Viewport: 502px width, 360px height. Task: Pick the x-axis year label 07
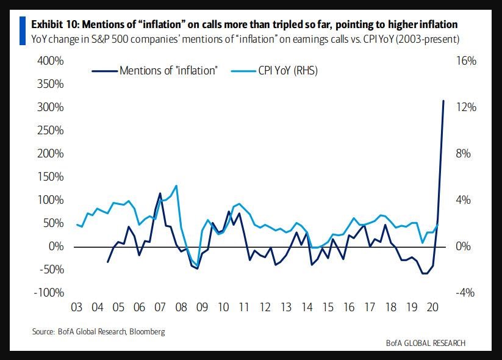click(160, 307)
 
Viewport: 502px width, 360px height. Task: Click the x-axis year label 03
click(77, 307)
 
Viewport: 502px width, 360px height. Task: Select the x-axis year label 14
click(308, 307)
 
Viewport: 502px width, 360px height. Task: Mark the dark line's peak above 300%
click(443, 101)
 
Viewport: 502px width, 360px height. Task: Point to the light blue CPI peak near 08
click(176, 186)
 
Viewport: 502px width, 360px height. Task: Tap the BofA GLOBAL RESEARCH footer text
click(425, 343)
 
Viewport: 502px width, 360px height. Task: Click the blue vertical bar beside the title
click(23, 31)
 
